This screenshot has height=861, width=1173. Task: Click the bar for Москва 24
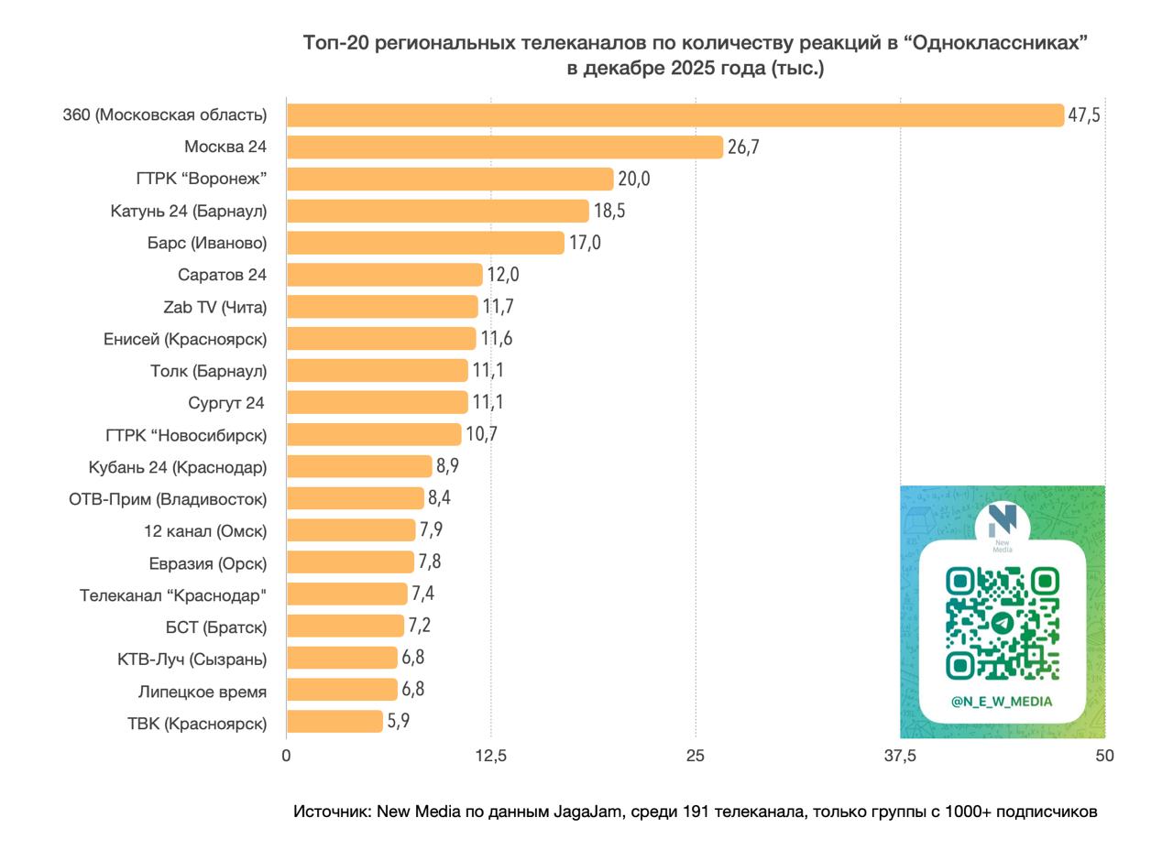[505, 147]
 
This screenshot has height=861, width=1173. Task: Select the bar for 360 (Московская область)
[675, 114]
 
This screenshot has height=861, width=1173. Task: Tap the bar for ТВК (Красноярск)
[334, 722]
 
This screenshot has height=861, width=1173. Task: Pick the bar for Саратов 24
[385, 275]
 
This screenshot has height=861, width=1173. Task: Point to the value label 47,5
[1084, 115]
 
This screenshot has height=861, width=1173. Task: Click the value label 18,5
[609, 211]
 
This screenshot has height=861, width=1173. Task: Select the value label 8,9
[447, 466]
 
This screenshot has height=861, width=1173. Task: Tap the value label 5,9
[398, 722]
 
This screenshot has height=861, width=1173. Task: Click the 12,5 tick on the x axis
[491, 756]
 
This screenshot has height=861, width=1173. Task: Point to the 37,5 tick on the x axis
[900, 756]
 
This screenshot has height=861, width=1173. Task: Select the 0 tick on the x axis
[287, 756]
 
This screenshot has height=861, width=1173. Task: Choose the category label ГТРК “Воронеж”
[202, 179]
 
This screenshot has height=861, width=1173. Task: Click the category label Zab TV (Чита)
[215, 307]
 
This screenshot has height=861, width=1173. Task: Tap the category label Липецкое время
[203, 692]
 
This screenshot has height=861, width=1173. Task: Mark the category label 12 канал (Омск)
[205, 531]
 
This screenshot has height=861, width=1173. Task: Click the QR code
[1003, 624]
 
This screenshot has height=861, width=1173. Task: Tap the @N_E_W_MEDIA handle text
[1002, 702]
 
